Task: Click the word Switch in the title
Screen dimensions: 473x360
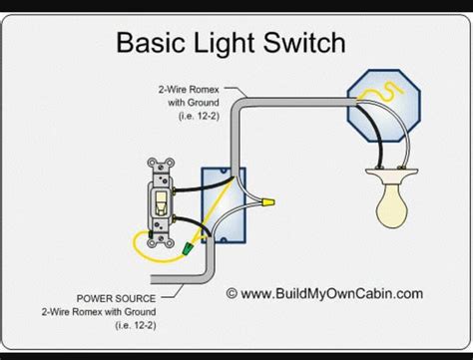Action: pos(304,42)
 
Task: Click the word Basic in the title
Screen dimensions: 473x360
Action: pos(151,42)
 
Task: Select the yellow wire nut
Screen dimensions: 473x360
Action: pos(268,201)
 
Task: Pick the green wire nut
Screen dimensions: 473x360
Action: pos(188,249)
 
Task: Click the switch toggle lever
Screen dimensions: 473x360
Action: pos(161,202)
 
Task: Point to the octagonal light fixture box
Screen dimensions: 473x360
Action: pos(384,106)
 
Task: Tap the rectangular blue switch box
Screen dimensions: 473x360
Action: pos(224,205)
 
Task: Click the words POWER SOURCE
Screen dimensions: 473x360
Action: pos(116,298)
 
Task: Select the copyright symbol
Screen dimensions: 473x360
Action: pos(232,293)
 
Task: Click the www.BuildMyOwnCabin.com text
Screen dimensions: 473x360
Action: pos(331,294)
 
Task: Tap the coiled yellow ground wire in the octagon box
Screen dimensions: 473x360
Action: pos(382,92)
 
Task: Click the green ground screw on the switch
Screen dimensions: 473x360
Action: pos(151,234)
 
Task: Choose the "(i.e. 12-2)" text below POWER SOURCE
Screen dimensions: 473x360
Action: pos(136,325)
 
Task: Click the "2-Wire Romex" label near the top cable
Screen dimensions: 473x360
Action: pos(189,90)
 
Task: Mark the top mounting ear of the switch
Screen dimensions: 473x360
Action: pos(161,164)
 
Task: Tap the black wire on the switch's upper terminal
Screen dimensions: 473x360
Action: pos(204,186)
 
